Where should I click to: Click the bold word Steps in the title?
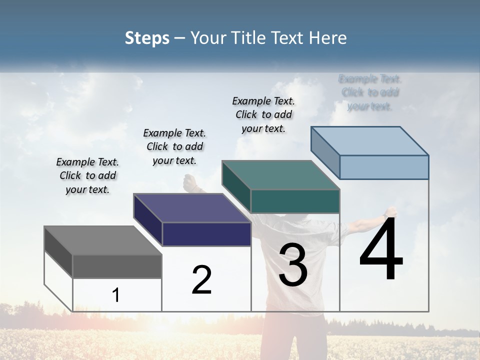[x=147, y=38]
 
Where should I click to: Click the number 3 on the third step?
[x=293, y=265]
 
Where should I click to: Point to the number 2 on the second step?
[x=202, y=280]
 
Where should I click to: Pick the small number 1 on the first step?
[x=116, y=295]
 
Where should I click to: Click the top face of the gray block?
[x=102, y=240]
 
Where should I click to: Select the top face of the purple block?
[x=192, y=208]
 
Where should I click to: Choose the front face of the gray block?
[x=117, y=266]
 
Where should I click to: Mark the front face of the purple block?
[x=206, y=234]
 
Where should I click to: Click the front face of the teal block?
[x=295, y=201]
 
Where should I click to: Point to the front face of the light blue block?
[x=384, y=167]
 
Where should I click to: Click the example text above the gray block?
[x=87, y=176]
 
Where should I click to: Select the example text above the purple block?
[x=174, y=146]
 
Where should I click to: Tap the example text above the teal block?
[x=263, y=114]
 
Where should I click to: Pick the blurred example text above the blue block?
[x=370, y=92]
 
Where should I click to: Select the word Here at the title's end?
[x=329, y=38]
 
